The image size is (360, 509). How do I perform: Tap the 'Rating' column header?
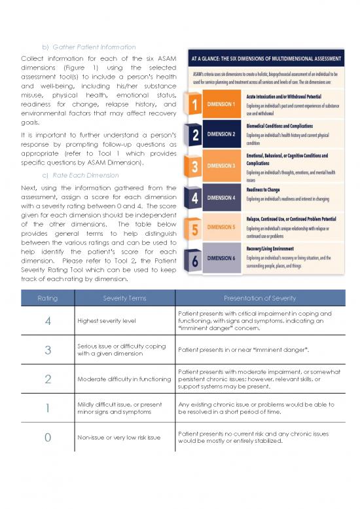tap(47, 298)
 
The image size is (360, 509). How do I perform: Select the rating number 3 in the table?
tap(47, 350)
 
